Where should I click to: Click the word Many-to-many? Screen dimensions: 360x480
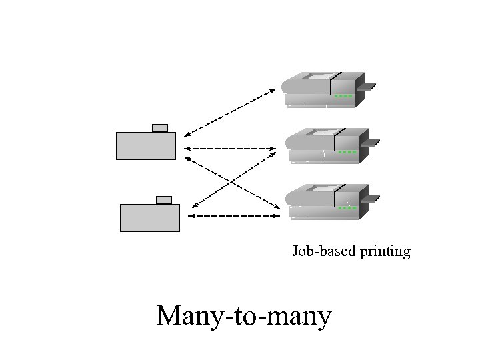tap(243, 316)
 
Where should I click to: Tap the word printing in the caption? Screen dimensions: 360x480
tap(385, 252)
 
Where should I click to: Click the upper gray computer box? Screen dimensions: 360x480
tap(146, 146)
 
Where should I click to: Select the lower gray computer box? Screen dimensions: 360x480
tap(150, 218)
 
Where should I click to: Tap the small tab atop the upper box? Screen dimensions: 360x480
tap(160, 127)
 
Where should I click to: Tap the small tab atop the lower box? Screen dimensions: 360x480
tap(164, 199)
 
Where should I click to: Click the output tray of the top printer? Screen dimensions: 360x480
tap(367, 87)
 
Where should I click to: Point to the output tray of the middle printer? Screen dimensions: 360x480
tap(370, 142)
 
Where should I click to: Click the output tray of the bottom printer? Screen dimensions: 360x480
tap(370, 198)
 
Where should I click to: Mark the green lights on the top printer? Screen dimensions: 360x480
tap(343, 96)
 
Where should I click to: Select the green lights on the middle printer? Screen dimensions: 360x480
tap(347, 152)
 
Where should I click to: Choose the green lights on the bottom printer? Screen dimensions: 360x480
tap(347, 208)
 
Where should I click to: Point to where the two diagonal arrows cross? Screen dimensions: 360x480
tap(231, 181)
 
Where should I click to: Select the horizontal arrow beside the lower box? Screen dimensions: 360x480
tap(233, 216)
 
